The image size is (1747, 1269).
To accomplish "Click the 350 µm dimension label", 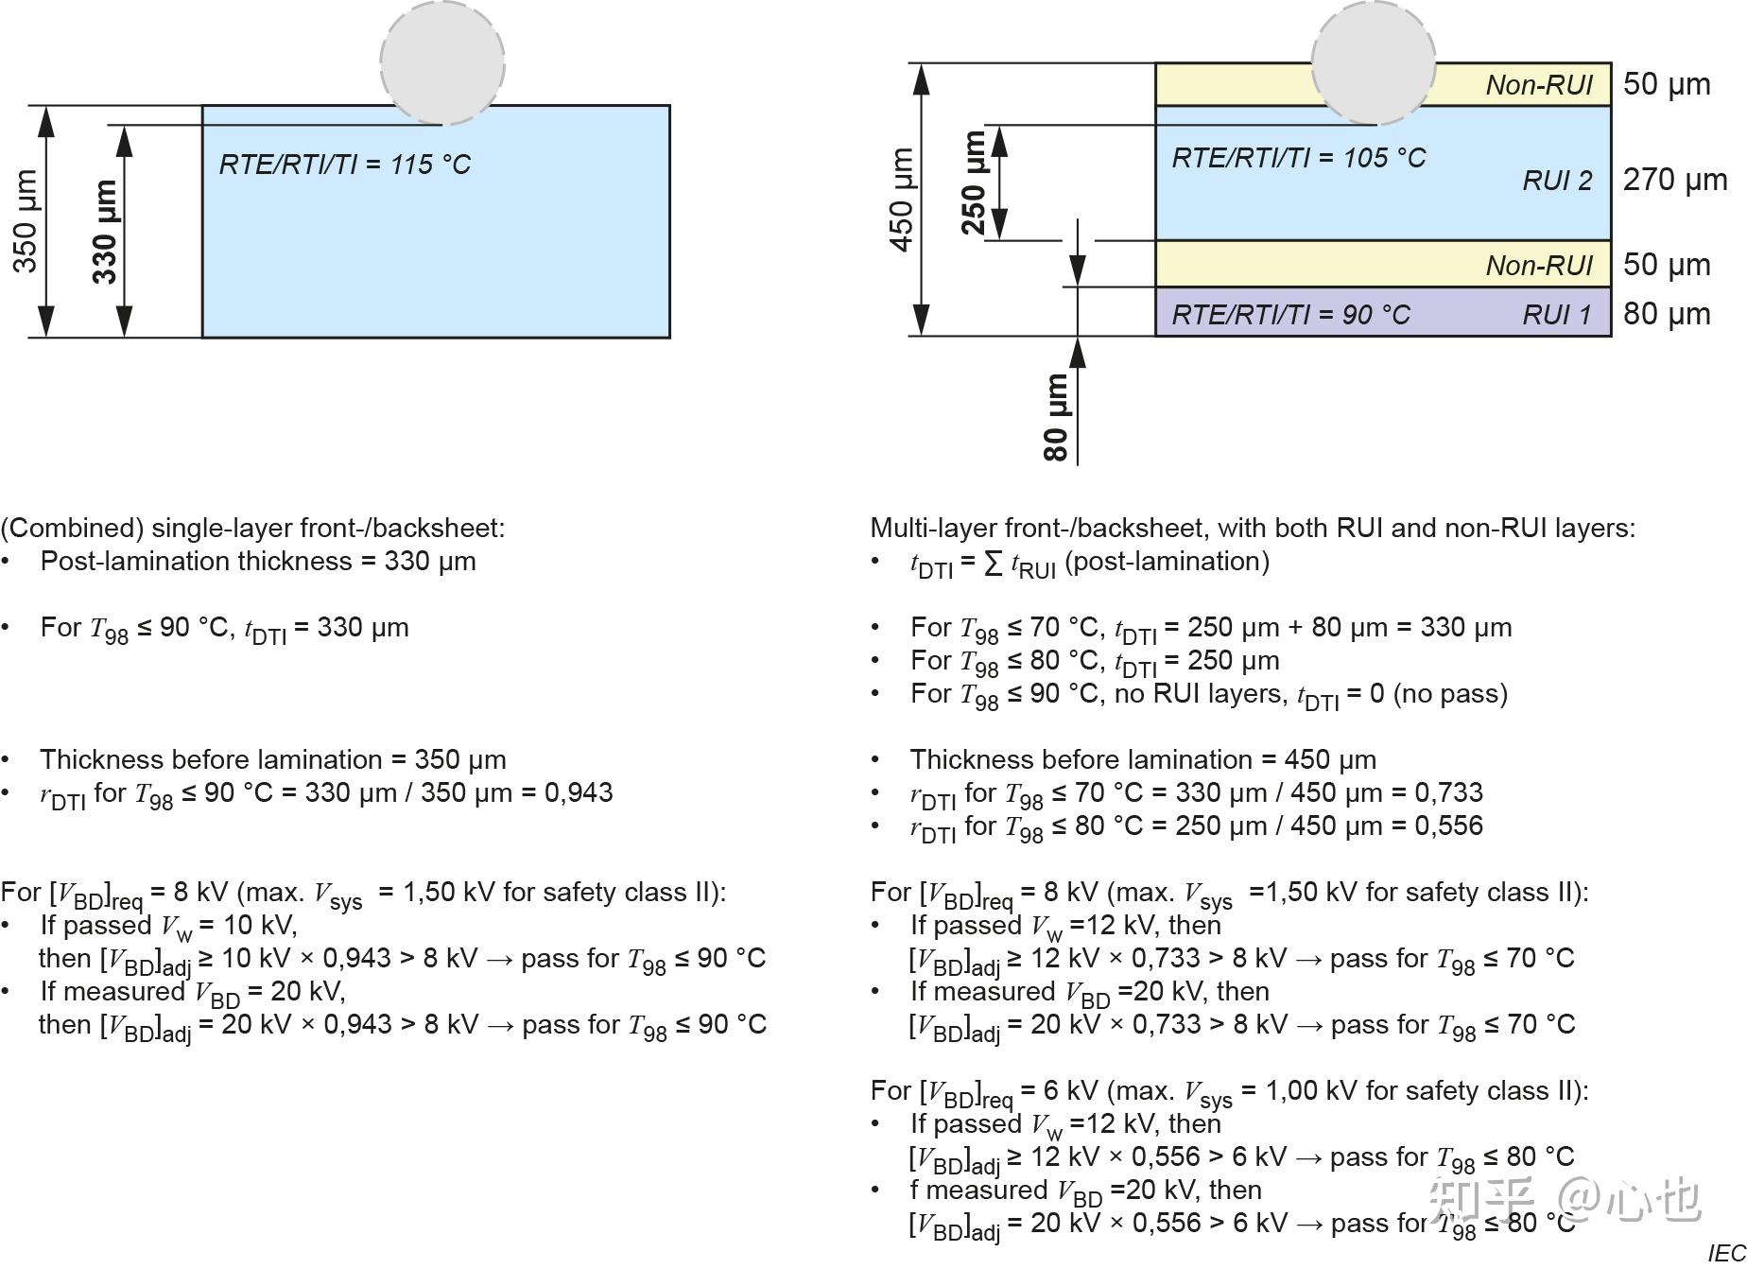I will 26,221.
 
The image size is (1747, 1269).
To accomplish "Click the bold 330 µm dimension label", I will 105,232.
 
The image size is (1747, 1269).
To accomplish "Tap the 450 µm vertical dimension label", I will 902,200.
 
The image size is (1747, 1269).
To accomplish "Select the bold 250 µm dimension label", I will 974,183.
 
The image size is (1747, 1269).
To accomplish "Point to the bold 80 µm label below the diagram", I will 1056,417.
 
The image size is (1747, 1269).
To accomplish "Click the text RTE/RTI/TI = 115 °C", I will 344,165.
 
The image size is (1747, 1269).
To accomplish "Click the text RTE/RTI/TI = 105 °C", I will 1298,158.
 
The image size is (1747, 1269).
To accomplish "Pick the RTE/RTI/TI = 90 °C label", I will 1290,315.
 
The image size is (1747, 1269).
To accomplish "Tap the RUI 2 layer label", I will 1557,181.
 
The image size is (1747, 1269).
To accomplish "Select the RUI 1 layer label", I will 1557,315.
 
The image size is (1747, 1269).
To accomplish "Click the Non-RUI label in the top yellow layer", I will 1539,85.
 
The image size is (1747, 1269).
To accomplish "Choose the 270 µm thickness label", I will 1674,180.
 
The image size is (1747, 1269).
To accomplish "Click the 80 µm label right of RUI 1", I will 1666,314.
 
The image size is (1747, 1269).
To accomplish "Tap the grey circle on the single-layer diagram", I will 442,62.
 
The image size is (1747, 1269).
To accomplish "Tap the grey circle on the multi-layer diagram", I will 1373,62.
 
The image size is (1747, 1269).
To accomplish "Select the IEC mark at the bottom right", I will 1726,1254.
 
